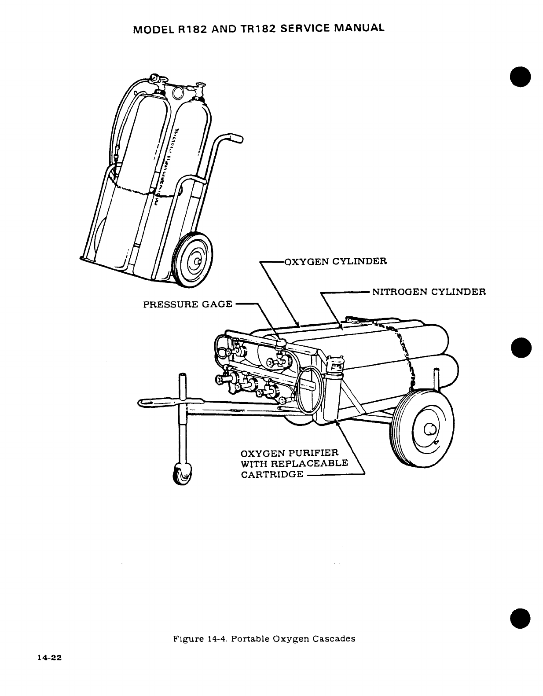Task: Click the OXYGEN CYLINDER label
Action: point(336,261)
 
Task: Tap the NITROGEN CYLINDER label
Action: point(429,292)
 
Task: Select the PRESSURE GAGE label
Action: point(188,304)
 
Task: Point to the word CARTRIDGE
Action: point(272,474)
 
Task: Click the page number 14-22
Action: point(49,658)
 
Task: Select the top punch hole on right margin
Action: point(521,78)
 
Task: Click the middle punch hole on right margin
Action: point(521,348)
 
